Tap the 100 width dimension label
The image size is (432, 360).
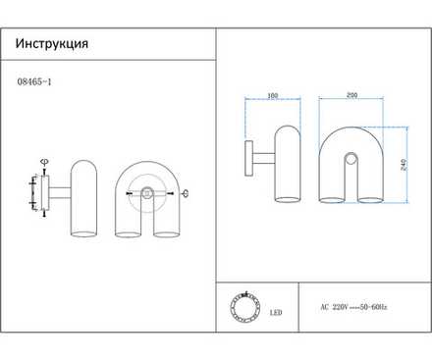point(272,96)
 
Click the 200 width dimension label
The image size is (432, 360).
point(351,96)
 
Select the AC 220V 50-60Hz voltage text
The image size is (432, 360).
point(353,307)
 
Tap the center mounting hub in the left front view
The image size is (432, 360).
point(147,193)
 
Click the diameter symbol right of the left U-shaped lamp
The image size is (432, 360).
point(187,192)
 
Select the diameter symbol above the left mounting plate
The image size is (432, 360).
point(42,162)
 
